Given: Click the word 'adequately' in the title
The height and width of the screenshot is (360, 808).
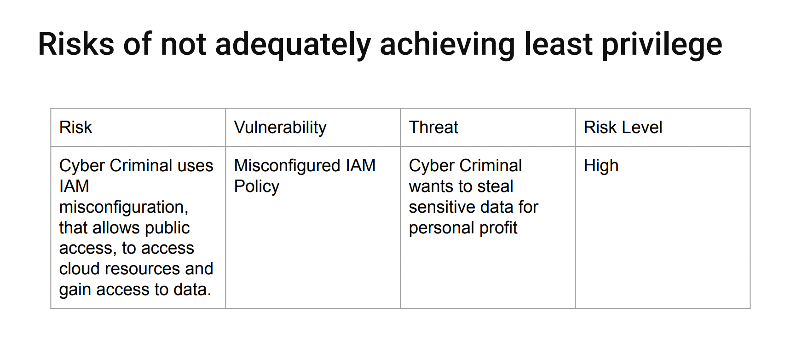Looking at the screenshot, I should [x=293, y=45].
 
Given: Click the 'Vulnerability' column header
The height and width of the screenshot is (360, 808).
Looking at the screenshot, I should [x=280, y=128].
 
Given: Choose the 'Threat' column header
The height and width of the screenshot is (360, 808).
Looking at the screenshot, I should [x=433, y=128].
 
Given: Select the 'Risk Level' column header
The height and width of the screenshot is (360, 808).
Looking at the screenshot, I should [x=623, y=128].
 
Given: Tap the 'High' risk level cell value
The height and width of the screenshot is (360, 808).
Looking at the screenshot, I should [x=601, y=166].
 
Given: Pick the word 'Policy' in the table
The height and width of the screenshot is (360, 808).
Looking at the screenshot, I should [x=257, y=186].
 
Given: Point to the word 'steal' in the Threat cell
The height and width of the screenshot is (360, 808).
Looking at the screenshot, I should [x=495, y=186].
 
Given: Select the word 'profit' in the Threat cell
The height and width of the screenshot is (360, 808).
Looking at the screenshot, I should [x=498, y=228].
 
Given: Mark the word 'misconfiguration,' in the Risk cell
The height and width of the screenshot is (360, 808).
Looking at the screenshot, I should [x=124, y=207].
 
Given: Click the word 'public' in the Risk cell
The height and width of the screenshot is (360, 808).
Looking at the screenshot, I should [x=167, y=228].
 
